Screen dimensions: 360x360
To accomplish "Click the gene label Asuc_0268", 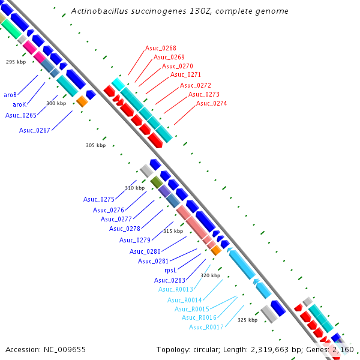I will coord(160,48).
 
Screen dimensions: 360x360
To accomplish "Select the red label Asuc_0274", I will coord(211,103).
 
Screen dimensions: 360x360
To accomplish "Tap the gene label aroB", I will coord(10,95).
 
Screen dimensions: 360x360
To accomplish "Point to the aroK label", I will coord(19,104).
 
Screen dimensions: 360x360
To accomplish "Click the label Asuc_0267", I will coord(34,130).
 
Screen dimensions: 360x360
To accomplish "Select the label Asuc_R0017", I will coord(206,327).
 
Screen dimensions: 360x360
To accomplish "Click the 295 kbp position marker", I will coord(16,62).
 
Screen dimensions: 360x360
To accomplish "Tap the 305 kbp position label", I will coord(95,145).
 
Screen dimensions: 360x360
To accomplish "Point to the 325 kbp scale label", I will coord(247,320).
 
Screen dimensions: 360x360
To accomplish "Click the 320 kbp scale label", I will coord(210,275).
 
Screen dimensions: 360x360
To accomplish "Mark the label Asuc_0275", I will coord(99,199).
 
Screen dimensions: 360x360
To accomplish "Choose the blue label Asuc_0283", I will coord(169,280).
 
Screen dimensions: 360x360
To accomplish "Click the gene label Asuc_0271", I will coord(185,75).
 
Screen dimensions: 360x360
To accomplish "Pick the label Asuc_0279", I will coord(134,240).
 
